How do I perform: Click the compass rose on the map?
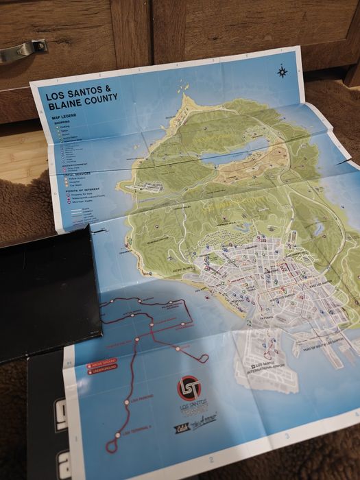[282, 71]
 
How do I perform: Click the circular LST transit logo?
[189, 388]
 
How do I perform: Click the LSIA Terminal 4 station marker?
[117, 434]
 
